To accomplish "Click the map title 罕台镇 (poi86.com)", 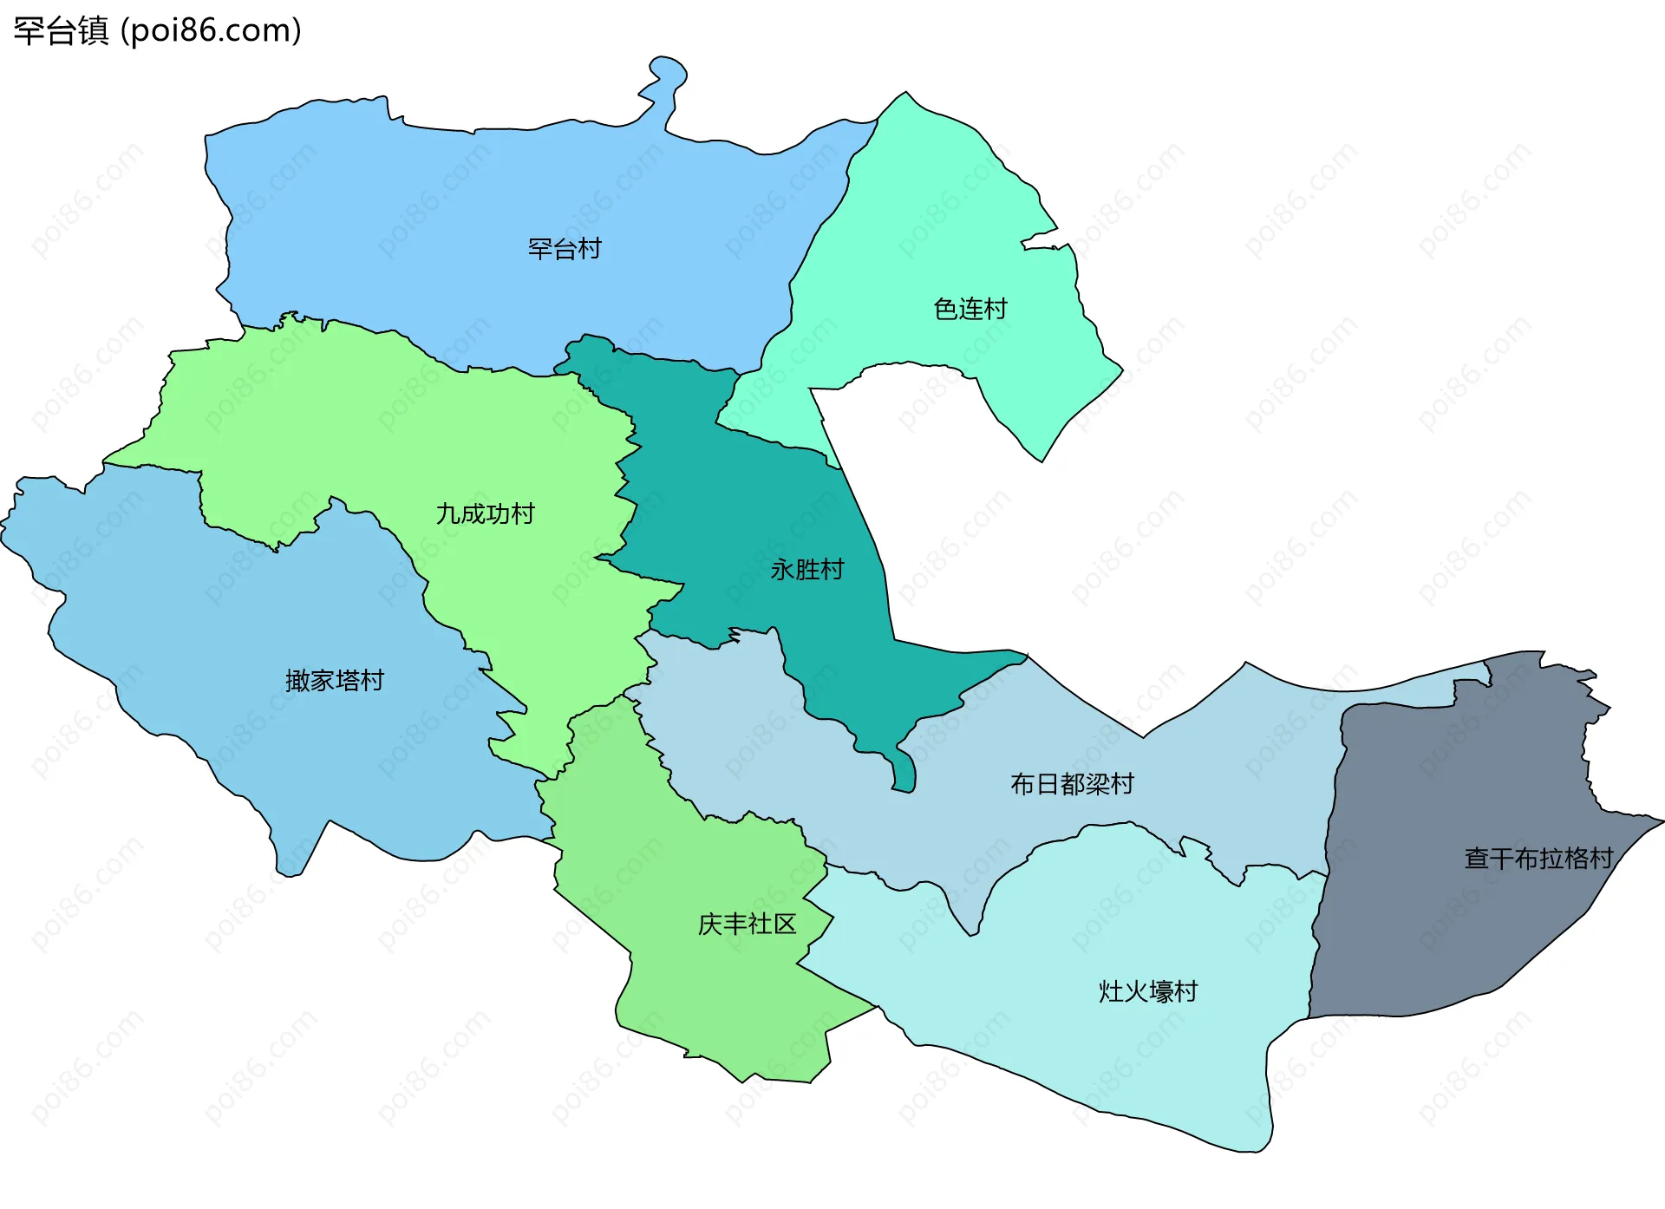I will (157, 30).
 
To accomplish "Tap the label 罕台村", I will (565, 249).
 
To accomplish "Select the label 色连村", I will (970, 309).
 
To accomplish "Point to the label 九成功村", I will (485, 514).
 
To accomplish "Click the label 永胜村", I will (807, 570).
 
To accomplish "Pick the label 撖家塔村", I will (335, 681).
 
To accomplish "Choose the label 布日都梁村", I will (1072, 785).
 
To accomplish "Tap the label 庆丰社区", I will (747, 925).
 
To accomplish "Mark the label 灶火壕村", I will (1148, 991).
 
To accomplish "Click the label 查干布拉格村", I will (1538, 859).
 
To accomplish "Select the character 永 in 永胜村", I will (782, 570).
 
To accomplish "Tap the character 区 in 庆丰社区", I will (785, 925).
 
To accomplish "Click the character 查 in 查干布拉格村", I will (1477, 859).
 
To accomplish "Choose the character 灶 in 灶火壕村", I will (1111, 991).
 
